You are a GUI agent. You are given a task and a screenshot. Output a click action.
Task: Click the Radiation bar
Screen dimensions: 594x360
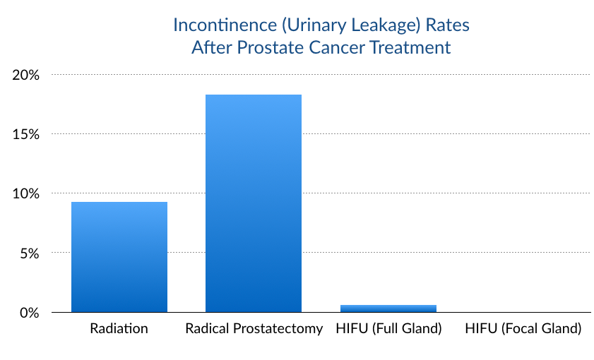[119, 257]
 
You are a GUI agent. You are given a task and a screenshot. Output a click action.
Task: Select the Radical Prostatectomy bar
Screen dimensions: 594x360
[254, 203]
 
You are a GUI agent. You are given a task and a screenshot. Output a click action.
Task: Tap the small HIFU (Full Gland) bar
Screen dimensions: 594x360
[388, 308]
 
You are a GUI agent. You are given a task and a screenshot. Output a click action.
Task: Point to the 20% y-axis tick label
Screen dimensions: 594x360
[25, 75]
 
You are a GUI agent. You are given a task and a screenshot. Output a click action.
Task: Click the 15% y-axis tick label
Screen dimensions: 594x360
[25, 134]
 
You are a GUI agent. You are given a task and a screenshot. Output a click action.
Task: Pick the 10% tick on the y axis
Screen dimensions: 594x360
[25, 193]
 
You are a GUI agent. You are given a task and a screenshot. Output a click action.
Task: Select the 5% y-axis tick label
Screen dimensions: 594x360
[30, 253]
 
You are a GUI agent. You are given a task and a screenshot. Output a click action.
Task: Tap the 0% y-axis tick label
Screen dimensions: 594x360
[30, 313]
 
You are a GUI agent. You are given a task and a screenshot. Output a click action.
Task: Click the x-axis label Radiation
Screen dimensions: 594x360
[119, 328]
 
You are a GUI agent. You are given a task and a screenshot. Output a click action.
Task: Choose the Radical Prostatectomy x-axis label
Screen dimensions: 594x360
[254, 328]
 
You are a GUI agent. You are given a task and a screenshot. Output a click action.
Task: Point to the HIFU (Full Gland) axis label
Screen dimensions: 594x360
[388, 328]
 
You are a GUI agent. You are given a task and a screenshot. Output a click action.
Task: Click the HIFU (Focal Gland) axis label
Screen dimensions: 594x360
[523, 328]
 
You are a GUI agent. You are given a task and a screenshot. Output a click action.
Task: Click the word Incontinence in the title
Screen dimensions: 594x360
[225, 25]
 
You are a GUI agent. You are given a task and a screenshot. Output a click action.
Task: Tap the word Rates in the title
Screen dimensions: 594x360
[447, 25]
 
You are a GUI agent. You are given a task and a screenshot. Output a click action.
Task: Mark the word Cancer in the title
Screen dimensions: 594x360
[336, 48]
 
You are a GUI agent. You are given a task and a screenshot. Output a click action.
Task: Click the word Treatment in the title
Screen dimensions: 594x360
[410, 48]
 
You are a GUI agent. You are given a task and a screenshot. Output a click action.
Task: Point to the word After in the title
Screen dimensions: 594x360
[212, 48]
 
